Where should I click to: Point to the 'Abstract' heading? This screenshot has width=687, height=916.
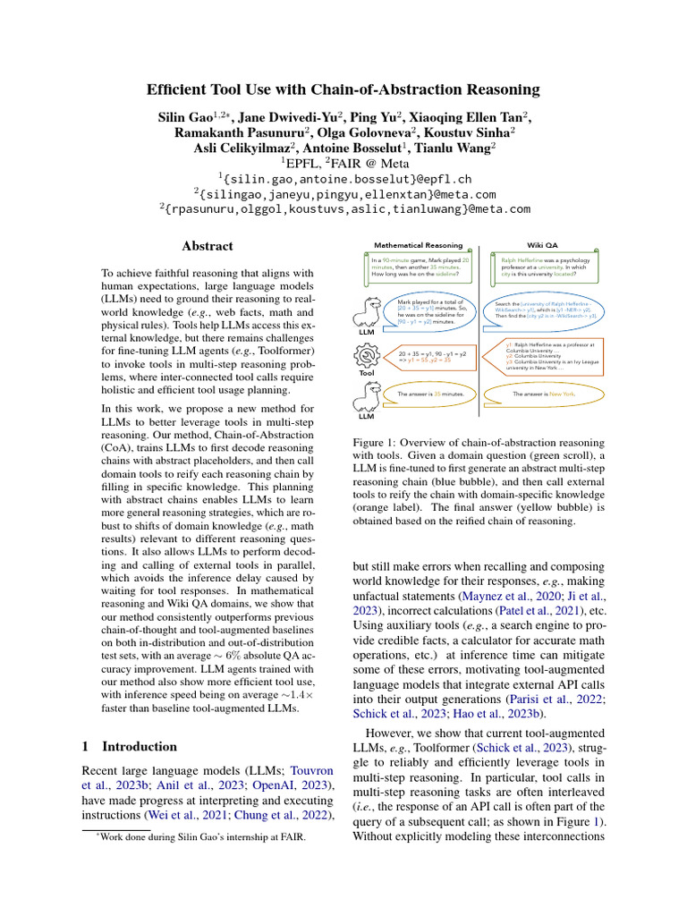[x=208, y=246]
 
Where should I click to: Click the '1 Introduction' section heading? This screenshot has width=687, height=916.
[x=129, y=746]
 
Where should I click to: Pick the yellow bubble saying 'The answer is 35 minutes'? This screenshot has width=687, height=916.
[x=429, y=394]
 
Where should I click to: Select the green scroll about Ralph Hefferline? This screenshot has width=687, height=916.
[x=541, y=269]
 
